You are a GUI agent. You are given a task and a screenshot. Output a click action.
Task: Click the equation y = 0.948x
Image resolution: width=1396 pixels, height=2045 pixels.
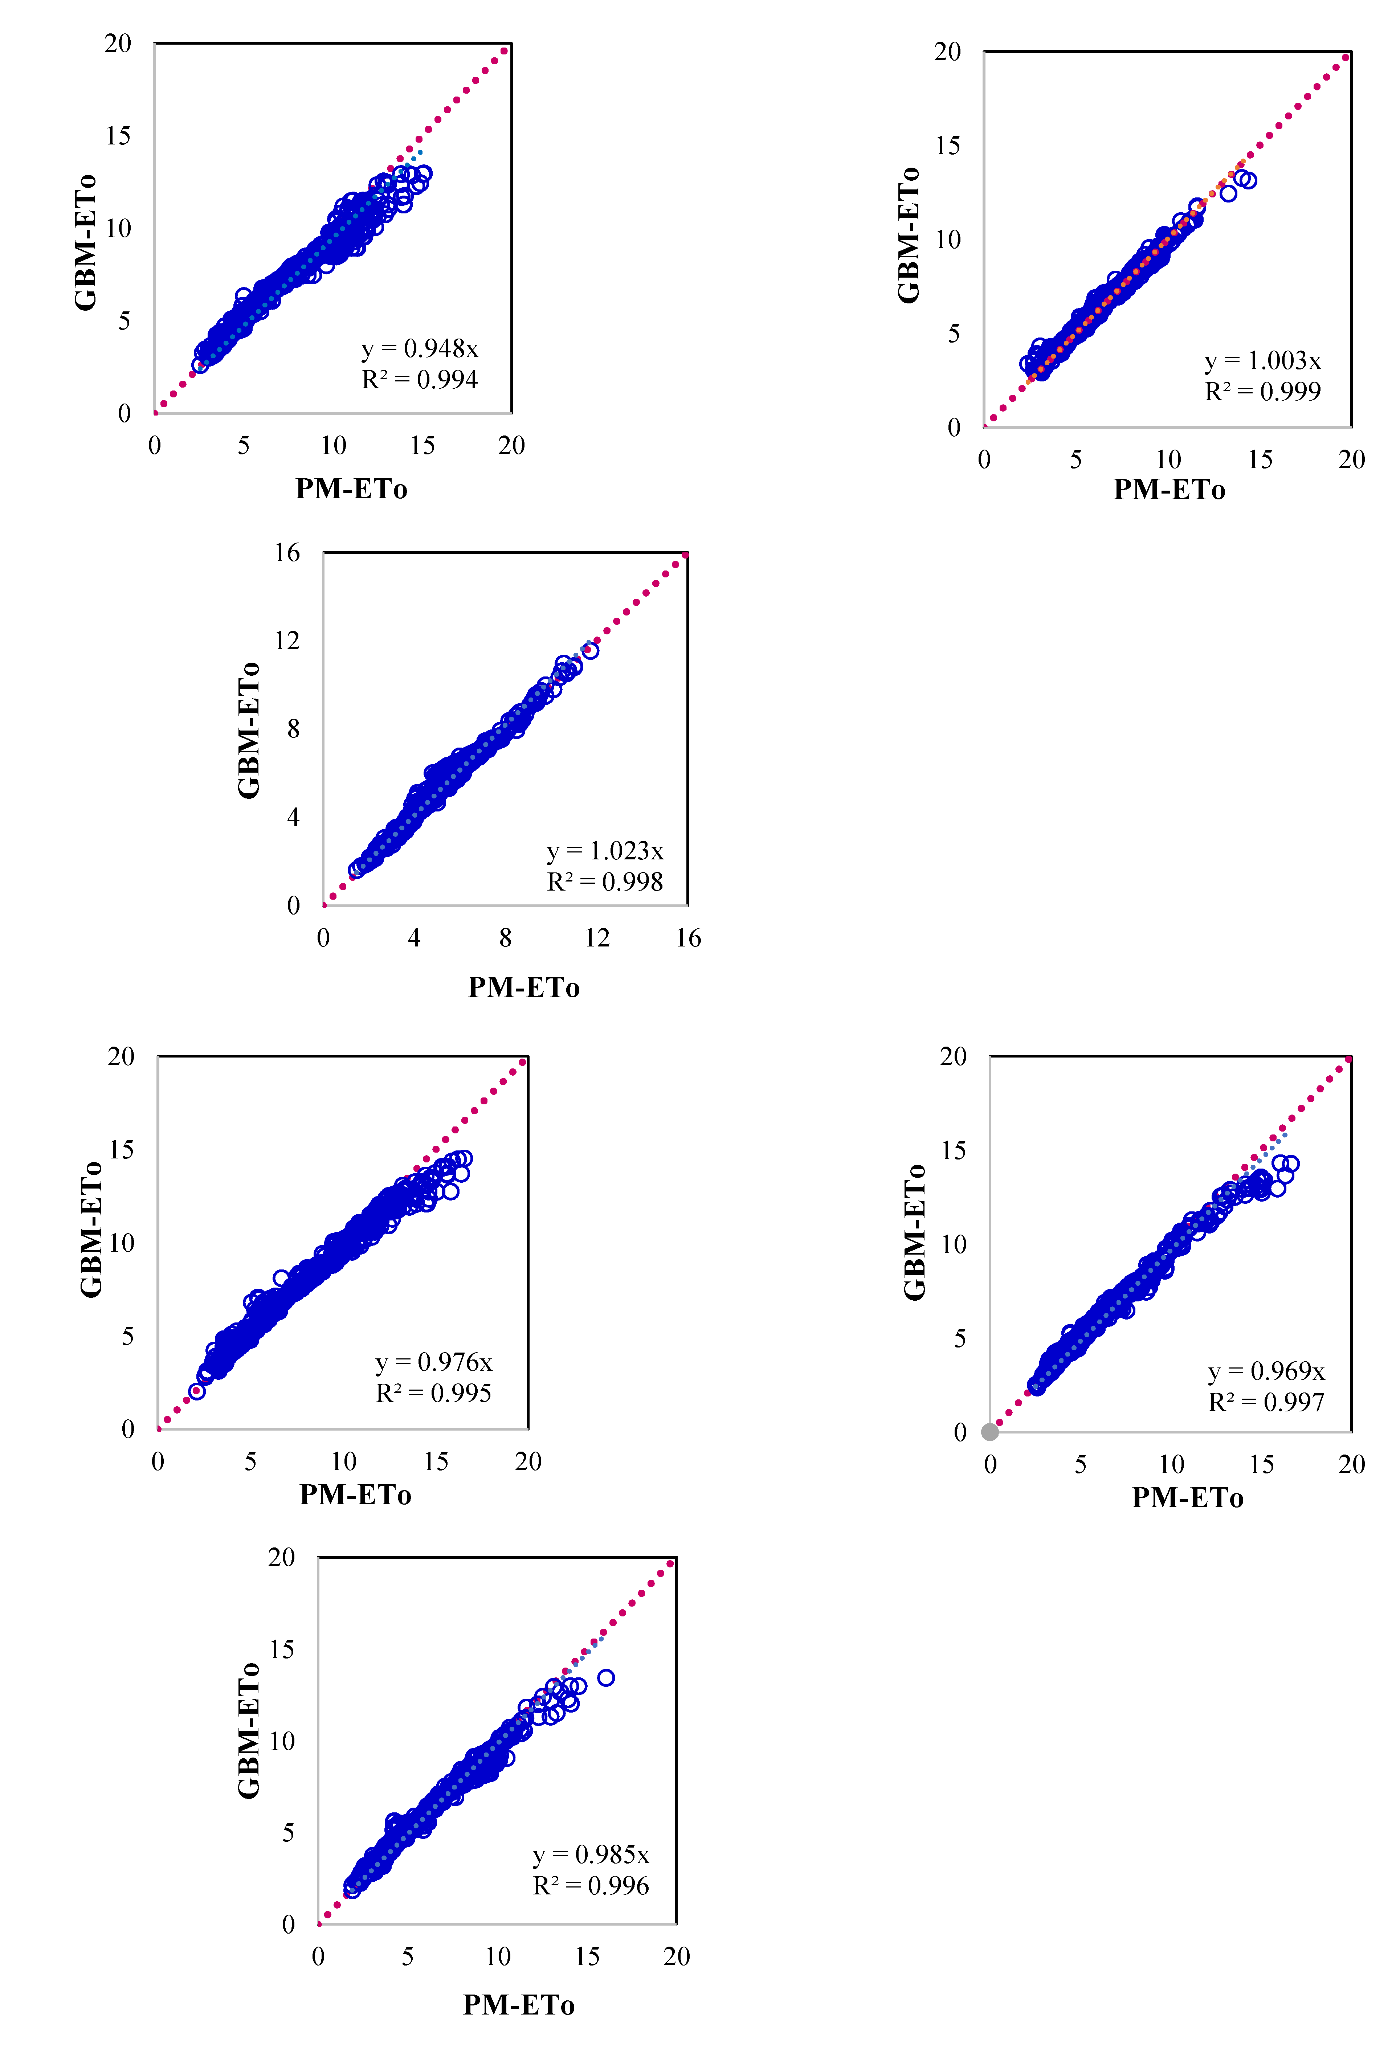pos(420,349)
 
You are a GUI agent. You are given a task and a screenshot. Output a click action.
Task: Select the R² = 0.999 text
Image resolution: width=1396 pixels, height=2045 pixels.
pos(1262,392)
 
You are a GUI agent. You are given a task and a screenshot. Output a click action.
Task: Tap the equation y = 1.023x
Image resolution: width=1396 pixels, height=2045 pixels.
pos(605,851)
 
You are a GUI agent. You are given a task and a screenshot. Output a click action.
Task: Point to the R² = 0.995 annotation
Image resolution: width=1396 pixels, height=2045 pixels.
pos(433,1393)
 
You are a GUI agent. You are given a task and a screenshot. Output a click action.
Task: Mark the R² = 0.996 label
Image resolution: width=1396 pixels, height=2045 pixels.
pos(591,1886)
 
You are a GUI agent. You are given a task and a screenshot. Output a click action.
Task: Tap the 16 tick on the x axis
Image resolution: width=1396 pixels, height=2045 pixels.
pos(688,938)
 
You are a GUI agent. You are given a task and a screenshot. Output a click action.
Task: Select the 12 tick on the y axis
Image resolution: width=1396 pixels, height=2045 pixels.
pos(287,641)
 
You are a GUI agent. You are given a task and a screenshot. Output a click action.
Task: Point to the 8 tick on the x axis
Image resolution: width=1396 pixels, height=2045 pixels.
pos(505,938)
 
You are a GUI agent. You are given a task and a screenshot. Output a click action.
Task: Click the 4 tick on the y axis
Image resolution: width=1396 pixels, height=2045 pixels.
pos(293,818)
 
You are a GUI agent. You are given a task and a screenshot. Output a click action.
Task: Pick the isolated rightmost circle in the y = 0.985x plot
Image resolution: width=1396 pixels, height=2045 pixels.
pos(605,1678)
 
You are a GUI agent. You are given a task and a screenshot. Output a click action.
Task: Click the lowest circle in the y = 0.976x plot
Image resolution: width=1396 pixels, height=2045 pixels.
pos(197,1391)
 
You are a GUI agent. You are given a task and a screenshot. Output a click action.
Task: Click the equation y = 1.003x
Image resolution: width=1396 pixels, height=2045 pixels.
pos(1262,361)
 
